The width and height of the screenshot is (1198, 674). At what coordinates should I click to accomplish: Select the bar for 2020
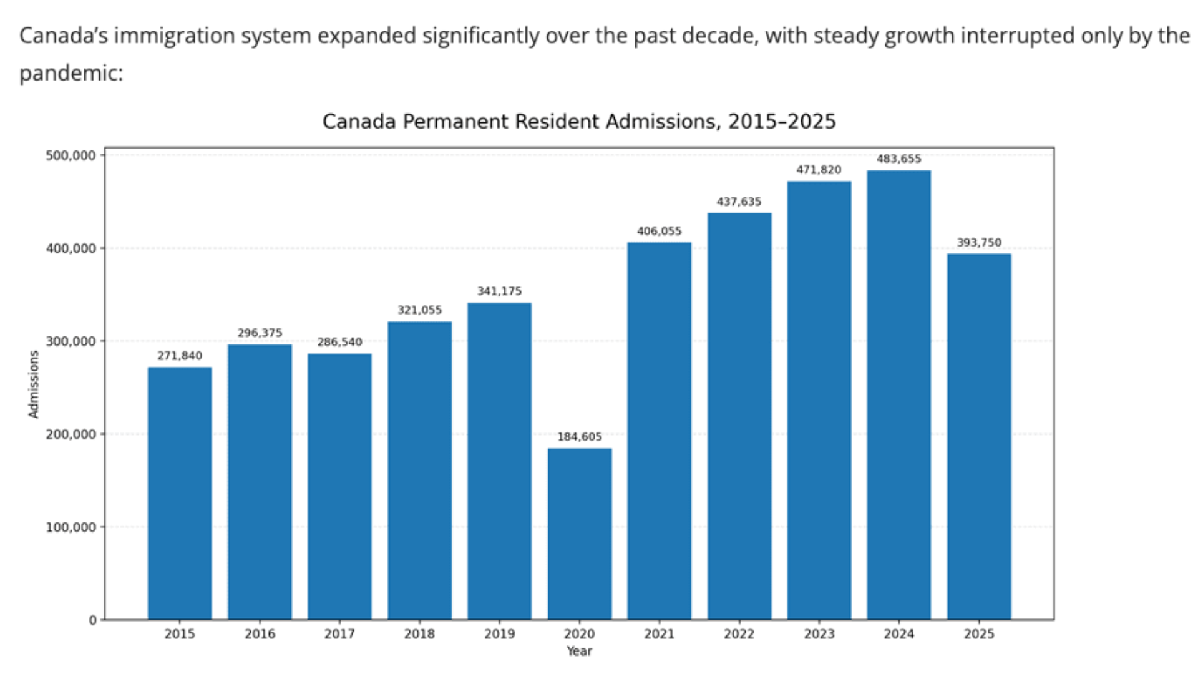[x=580, y=534]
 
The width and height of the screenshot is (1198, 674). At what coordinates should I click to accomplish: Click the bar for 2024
[x=898, y=394]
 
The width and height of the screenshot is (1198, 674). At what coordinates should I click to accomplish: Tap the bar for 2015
[x=180, y=493]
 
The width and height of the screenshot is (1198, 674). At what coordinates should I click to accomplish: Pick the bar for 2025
[x=978, y=436]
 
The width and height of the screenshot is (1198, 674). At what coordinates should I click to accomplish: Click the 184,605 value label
[x=580, y=437]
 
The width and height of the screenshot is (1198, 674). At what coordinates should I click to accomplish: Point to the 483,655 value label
[x=898, y=159]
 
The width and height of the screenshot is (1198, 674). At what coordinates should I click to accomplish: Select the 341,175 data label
[x=499, y=291]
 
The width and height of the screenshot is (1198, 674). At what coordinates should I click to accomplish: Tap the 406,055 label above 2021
[x=659, y=231]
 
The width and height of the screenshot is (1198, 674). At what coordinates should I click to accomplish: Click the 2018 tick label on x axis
[x=419, y=634]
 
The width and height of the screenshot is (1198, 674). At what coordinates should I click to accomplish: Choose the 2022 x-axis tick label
[x=739, y=634]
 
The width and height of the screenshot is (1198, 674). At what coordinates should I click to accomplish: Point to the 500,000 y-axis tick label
[x=71, y=155]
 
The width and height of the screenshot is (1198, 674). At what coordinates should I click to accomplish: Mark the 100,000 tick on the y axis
[x=71, y=527]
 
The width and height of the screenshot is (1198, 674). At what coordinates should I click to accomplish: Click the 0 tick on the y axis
[x=92, y=620]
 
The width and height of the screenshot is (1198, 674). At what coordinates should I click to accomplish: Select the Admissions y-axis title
[x=34, y=384]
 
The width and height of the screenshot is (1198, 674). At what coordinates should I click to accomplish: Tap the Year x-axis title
[x=579, y=651]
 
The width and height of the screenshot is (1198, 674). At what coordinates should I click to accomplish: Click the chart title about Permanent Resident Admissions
[x=578, y=121]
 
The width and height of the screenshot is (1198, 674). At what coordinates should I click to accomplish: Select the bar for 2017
[x=339, y=487]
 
